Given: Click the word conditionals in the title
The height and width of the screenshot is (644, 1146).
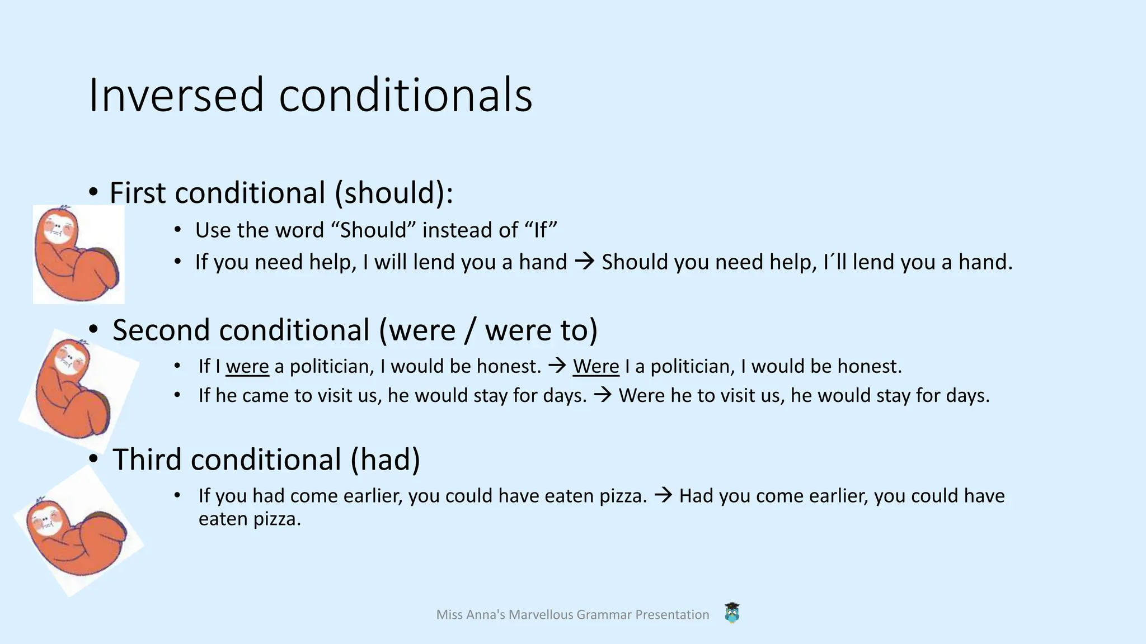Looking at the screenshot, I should point(405,95).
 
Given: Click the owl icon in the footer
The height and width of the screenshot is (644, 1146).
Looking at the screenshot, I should point(732,613).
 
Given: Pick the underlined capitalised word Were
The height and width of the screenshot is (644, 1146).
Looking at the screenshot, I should point(596,367).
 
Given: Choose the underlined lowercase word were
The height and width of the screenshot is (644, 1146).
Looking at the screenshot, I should point(247,367).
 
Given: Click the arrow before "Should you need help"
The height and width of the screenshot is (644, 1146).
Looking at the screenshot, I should point(585,262).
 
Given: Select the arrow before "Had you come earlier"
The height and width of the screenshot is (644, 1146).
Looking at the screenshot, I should point(663,495).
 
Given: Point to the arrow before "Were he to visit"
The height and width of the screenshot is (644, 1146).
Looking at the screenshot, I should point(603,396).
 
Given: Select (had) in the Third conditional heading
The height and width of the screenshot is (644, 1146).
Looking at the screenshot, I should point(386,460).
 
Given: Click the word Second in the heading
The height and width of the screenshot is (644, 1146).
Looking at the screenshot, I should point(161,330).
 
